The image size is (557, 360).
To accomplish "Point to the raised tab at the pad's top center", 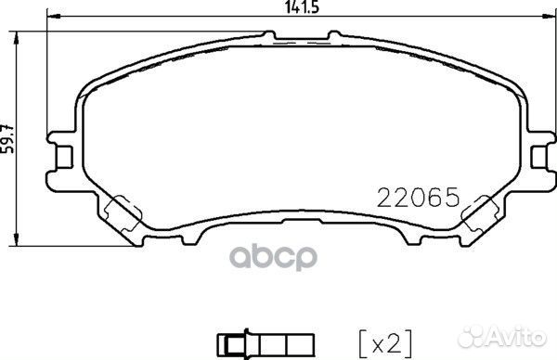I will pos(302,36).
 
